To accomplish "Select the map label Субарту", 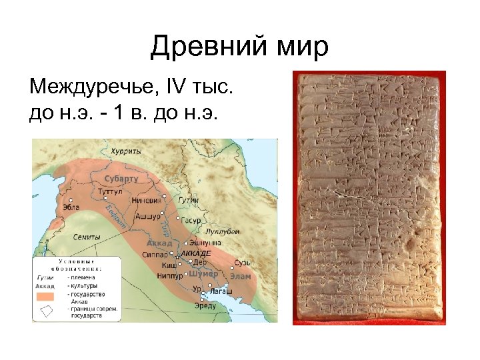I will pyautogui.click(x=121, y=179).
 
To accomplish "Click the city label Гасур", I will pyautogui.click(x=192, y=219).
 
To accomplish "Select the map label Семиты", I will pyautogui.click(x=87, y=237).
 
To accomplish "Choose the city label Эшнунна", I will pyautogui.click(x=200, y=243).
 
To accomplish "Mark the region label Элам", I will pyautogui.click(x=241, y=276).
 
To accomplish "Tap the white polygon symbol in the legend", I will pyautogui.click(x=47, y=311).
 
